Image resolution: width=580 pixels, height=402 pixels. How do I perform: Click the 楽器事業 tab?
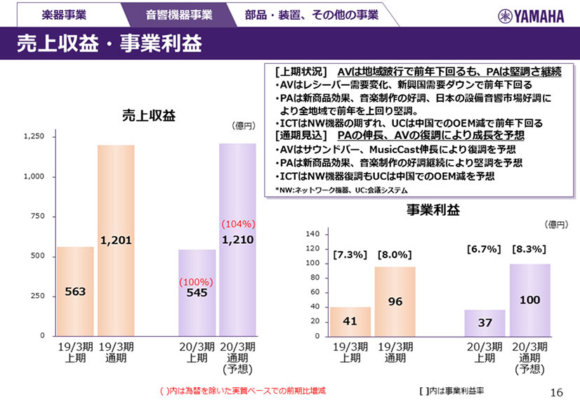(x=65, y=14)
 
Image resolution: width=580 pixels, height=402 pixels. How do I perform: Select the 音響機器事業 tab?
(x=178, y=14)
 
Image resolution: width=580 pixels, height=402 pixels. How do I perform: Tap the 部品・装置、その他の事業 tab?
(x=311, y=14)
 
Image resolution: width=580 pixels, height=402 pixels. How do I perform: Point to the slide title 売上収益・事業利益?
(x=109, y=44)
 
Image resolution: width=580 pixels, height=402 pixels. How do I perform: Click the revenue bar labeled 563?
(x=75, y=291)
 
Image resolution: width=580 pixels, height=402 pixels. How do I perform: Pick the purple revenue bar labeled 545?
(x=197, y=292)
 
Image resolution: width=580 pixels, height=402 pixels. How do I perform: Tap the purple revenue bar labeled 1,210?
(x=237, y=240)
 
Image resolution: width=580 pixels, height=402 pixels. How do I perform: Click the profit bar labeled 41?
(x=350, y=321)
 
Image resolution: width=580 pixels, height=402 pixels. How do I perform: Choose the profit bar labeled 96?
(x=395, y=301)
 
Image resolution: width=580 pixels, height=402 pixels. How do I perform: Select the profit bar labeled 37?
(x=485, y=323)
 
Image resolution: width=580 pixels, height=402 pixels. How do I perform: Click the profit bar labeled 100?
(x=529, y=300)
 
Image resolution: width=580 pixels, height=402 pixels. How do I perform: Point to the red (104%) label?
(x=238, y=224)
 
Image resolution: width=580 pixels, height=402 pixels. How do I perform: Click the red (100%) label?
(x=196, y=281)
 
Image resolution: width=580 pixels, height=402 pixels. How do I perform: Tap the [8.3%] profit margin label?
(x=529, y=249)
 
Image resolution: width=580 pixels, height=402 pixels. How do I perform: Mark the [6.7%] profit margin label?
(x=484, y=249)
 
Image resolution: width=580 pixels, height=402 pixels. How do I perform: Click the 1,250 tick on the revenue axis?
(x=34, y=136)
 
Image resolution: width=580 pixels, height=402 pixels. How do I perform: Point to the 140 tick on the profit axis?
(x=313, y=233)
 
